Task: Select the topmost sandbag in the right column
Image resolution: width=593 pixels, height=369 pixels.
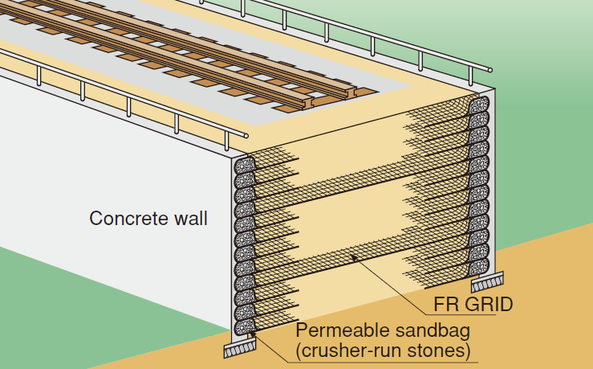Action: point(479,105)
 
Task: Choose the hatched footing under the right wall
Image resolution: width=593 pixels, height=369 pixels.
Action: point(486,281)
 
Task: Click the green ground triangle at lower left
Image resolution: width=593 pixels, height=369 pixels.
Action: point(48,297)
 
